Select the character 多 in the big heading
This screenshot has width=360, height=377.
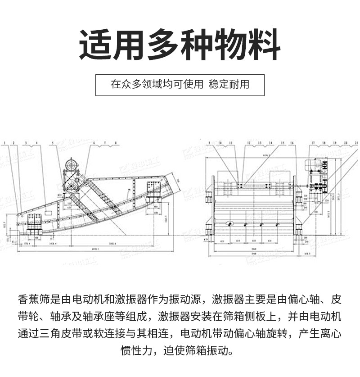pos(162,46)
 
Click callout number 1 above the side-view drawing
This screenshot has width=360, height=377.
pos(4,143)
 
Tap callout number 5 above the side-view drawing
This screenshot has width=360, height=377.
pos(53,143)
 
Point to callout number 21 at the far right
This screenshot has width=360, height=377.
pos(356,143)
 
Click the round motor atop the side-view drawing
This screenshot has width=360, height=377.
pos(70,165)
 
